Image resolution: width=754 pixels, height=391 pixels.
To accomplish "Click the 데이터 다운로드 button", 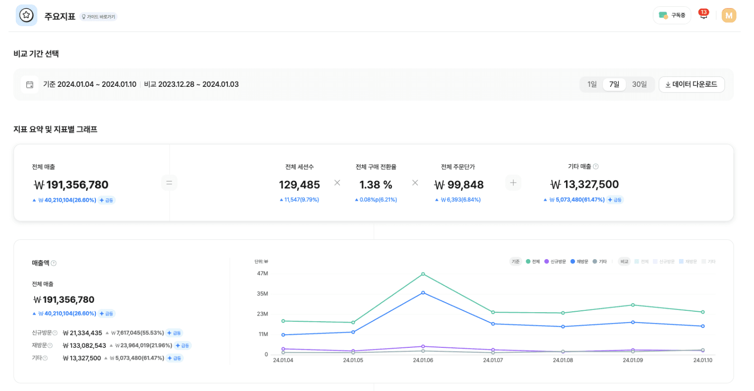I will pos(691,84).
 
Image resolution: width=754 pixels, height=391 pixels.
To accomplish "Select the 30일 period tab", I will pos(639,84).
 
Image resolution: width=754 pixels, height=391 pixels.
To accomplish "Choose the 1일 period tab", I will pos(592,84).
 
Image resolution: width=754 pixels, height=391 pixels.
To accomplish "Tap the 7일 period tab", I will pos(614,84).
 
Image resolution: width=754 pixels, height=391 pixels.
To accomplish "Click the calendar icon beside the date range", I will pos(29,84).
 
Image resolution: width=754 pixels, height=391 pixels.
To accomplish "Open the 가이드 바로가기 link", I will pos(98,17).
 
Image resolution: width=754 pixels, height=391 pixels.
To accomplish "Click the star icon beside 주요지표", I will pos(27,15).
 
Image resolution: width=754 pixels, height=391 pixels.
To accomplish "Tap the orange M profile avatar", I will pos(728,16).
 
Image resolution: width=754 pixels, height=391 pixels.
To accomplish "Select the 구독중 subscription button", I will pos(672,16).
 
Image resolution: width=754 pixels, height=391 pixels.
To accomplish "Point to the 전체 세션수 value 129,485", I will pos(299,185).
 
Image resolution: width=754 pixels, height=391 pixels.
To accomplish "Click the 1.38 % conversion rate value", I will pos(376,185).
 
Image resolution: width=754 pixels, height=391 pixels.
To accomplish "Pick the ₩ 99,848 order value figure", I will pos(459,185).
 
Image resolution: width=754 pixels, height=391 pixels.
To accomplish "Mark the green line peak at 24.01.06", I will pos(423,274).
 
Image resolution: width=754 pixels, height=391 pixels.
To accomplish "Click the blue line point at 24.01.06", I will pos(423,293).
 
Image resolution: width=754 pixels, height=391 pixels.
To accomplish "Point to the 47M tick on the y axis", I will pos(263,274).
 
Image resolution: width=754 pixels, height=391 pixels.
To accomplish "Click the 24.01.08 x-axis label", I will pos(563,360).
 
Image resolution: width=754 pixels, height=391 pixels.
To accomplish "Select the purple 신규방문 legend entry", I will pos(555,261).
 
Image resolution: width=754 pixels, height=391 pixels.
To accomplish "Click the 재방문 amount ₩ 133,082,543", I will pos(85,345).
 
